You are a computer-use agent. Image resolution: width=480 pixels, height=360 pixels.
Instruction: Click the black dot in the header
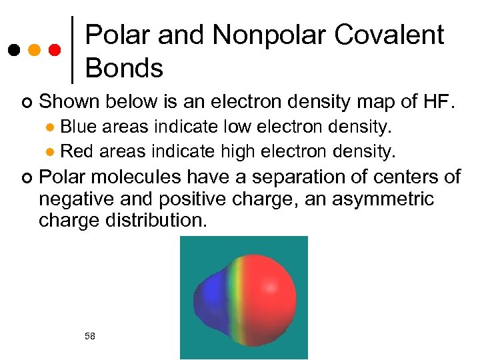pos(14,50)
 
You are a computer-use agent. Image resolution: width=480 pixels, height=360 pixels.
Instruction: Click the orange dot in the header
pos(34,50)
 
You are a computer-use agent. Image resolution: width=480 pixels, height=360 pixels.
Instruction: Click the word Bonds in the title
pos(124,68)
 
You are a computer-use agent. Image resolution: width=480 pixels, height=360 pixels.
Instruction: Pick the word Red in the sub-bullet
pos(75,151)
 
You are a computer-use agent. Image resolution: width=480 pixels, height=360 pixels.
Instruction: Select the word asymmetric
pos(383,199)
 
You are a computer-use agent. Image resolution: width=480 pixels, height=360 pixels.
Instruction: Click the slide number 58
pos(90,336)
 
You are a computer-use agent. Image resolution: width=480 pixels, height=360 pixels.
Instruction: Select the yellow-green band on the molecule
pos(235,297)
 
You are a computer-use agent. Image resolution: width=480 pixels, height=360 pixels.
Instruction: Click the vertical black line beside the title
pos(71,49)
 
